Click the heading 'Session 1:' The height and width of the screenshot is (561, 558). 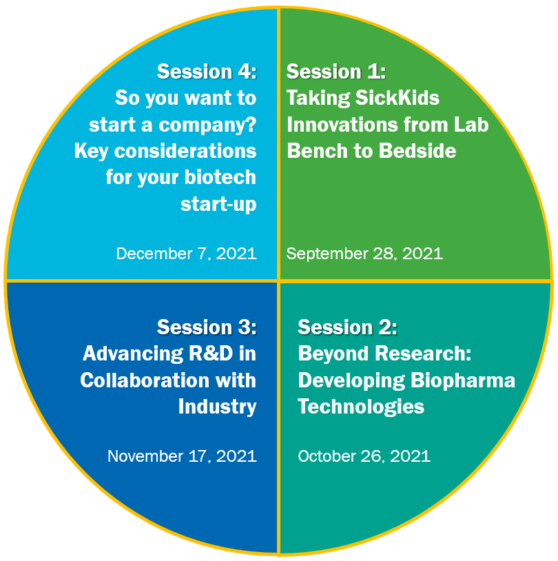point(336,72)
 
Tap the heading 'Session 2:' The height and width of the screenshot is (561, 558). point(348,327)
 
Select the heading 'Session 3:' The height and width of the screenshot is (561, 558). point(207,327)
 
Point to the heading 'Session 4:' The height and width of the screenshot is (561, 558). point(207,72)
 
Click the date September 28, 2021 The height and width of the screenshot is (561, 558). point(364,254)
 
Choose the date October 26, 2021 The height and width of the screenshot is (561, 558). point(364,456)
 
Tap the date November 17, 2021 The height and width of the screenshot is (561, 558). point(182,456)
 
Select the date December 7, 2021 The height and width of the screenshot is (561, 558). point(187,254)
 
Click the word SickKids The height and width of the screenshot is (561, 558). point(397,98)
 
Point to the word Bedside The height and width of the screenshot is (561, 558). point(417,151)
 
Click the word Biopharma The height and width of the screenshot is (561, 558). point(463,381)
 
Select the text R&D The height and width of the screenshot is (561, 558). point(211,354)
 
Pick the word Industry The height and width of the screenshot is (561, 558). point(218,407)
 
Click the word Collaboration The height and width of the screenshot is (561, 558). point(145,380)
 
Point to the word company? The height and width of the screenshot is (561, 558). point(207,125)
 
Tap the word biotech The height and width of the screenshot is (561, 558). point(220,177)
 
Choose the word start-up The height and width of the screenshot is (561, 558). point(218,205)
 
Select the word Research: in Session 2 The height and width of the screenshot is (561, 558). point(423,354)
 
